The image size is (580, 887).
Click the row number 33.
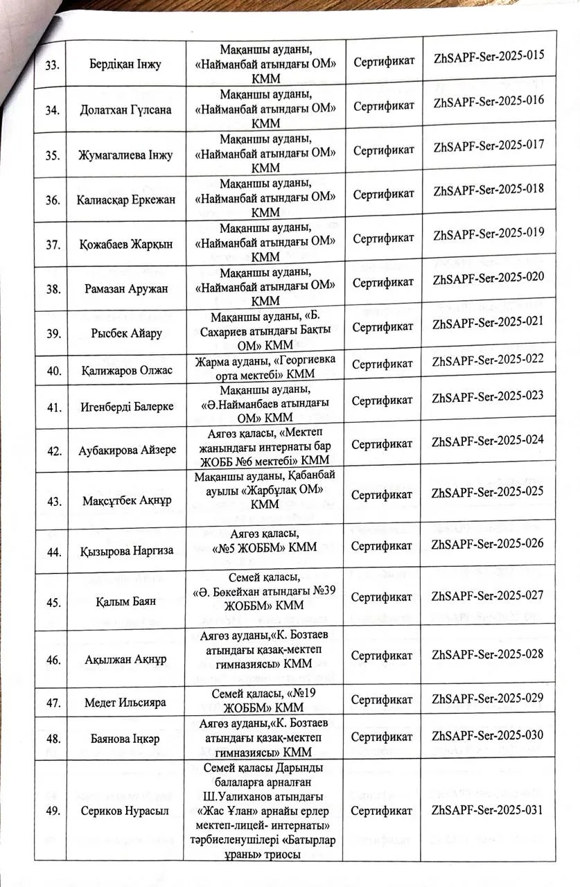51,66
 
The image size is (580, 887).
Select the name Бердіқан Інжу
126,65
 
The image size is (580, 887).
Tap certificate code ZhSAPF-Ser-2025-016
488,100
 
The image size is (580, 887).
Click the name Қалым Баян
126,601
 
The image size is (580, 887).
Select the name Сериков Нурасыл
126,811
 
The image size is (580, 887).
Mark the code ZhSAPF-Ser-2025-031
488,810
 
